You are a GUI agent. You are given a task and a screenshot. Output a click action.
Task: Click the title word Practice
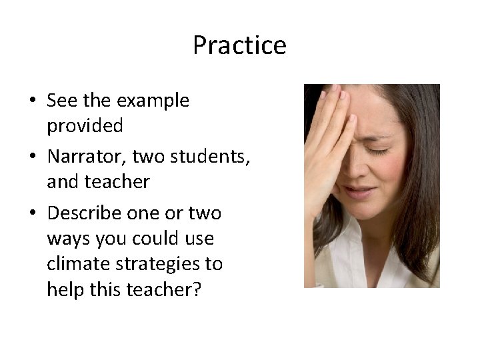239,45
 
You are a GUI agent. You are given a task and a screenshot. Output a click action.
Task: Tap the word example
153,101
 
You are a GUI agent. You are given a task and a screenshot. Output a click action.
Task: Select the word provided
85,125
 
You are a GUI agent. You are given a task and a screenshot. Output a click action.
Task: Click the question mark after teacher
195,289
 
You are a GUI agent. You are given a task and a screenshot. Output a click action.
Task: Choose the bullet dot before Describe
33,214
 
